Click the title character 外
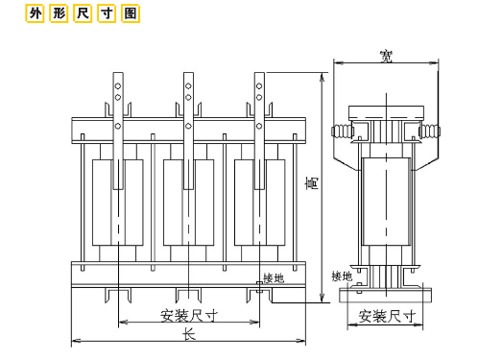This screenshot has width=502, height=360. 35,13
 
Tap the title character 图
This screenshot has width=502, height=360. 131,13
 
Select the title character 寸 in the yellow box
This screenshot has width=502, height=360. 107,13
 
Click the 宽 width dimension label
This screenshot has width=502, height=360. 386,57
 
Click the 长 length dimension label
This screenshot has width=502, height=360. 189,335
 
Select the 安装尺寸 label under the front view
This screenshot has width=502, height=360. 189,316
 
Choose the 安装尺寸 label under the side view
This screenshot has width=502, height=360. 387,316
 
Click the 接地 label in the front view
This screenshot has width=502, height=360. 274,278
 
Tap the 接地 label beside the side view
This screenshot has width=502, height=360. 342,276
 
